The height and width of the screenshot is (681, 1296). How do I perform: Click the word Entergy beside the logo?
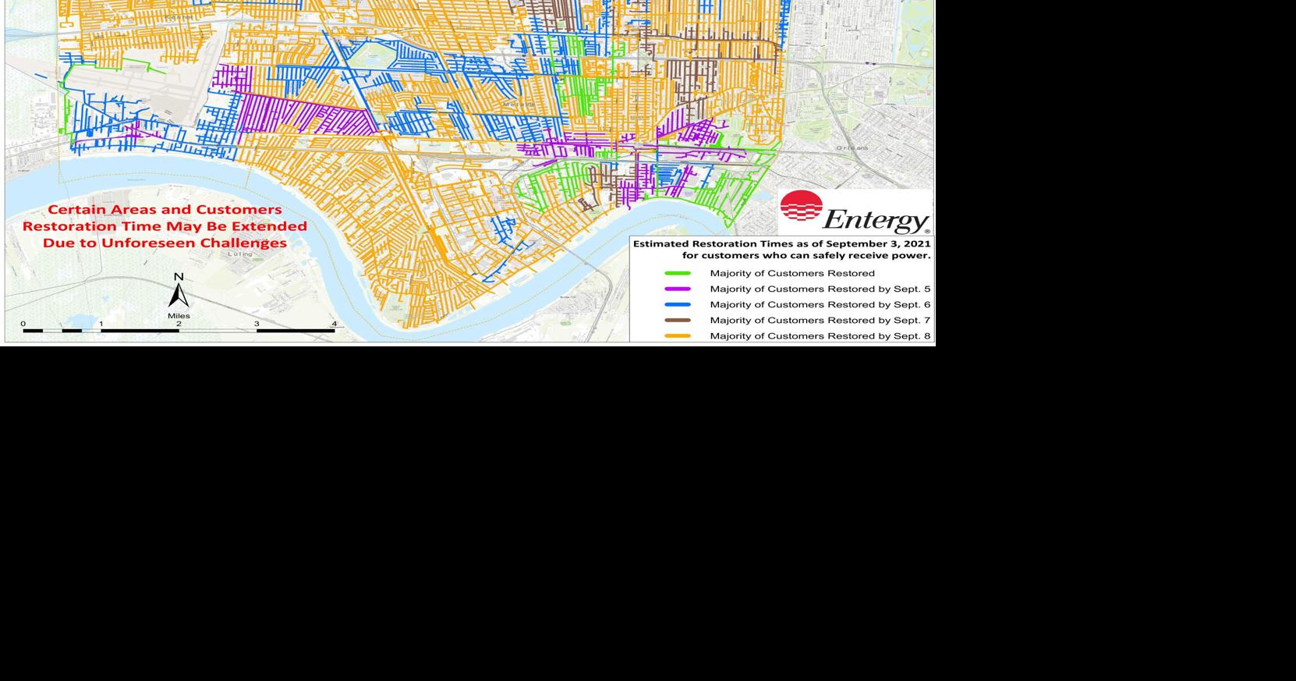(x=875, y=220)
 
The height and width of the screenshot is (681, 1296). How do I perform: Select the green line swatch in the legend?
(x=677, y=273)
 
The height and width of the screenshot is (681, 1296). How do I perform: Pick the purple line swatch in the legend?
(x=677, y=289)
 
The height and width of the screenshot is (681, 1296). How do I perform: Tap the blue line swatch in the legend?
(x=677, y=304)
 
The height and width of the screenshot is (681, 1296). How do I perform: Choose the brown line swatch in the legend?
(x=677, y=320)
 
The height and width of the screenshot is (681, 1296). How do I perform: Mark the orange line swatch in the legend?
(x=677, y=336)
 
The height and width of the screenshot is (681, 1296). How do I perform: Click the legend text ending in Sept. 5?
(x=820, y=289)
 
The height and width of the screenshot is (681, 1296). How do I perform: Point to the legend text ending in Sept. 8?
(x=820, y=336)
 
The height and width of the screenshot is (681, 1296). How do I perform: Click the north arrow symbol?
(x=179, y=296)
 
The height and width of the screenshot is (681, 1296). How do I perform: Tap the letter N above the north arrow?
(x=179, y=277)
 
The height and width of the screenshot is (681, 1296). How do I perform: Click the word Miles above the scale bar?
(x=179, y=316)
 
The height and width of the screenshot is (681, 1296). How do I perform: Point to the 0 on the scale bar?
(x=23, y=324)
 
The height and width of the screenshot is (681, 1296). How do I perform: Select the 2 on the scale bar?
(x=179, y=324)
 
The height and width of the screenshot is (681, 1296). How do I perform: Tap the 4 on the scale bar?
(x=334, y=324)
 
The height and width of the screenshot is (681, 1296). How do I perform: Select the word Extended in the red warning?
(x=270, y=226)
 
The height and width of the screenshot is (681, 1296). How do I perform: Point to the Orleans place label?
(x=852, y=147)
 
